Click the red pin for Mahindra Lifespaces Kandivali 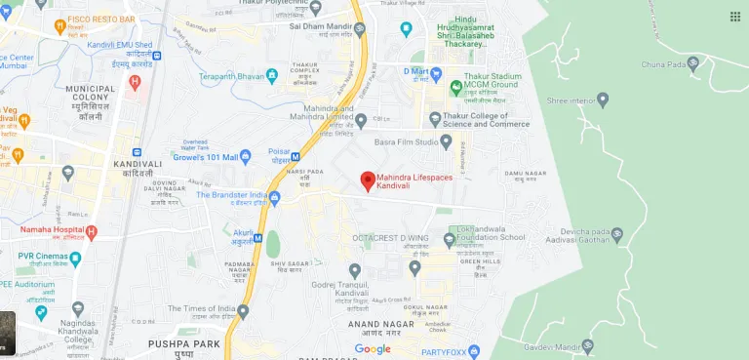click(x=368, y=180)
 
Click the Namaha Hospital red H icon click(x=91, y=232)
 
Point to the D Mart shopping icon click(x=436, y=73)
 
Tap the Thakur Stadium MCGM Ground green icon click(x=455, y=87)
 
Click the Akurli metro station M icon click(x=257, y=237)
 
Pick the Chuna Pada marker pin click(x=693, y=64)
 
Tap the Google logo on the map click(x=373, y=348)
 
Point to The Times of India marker click(x=243, y=310)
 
